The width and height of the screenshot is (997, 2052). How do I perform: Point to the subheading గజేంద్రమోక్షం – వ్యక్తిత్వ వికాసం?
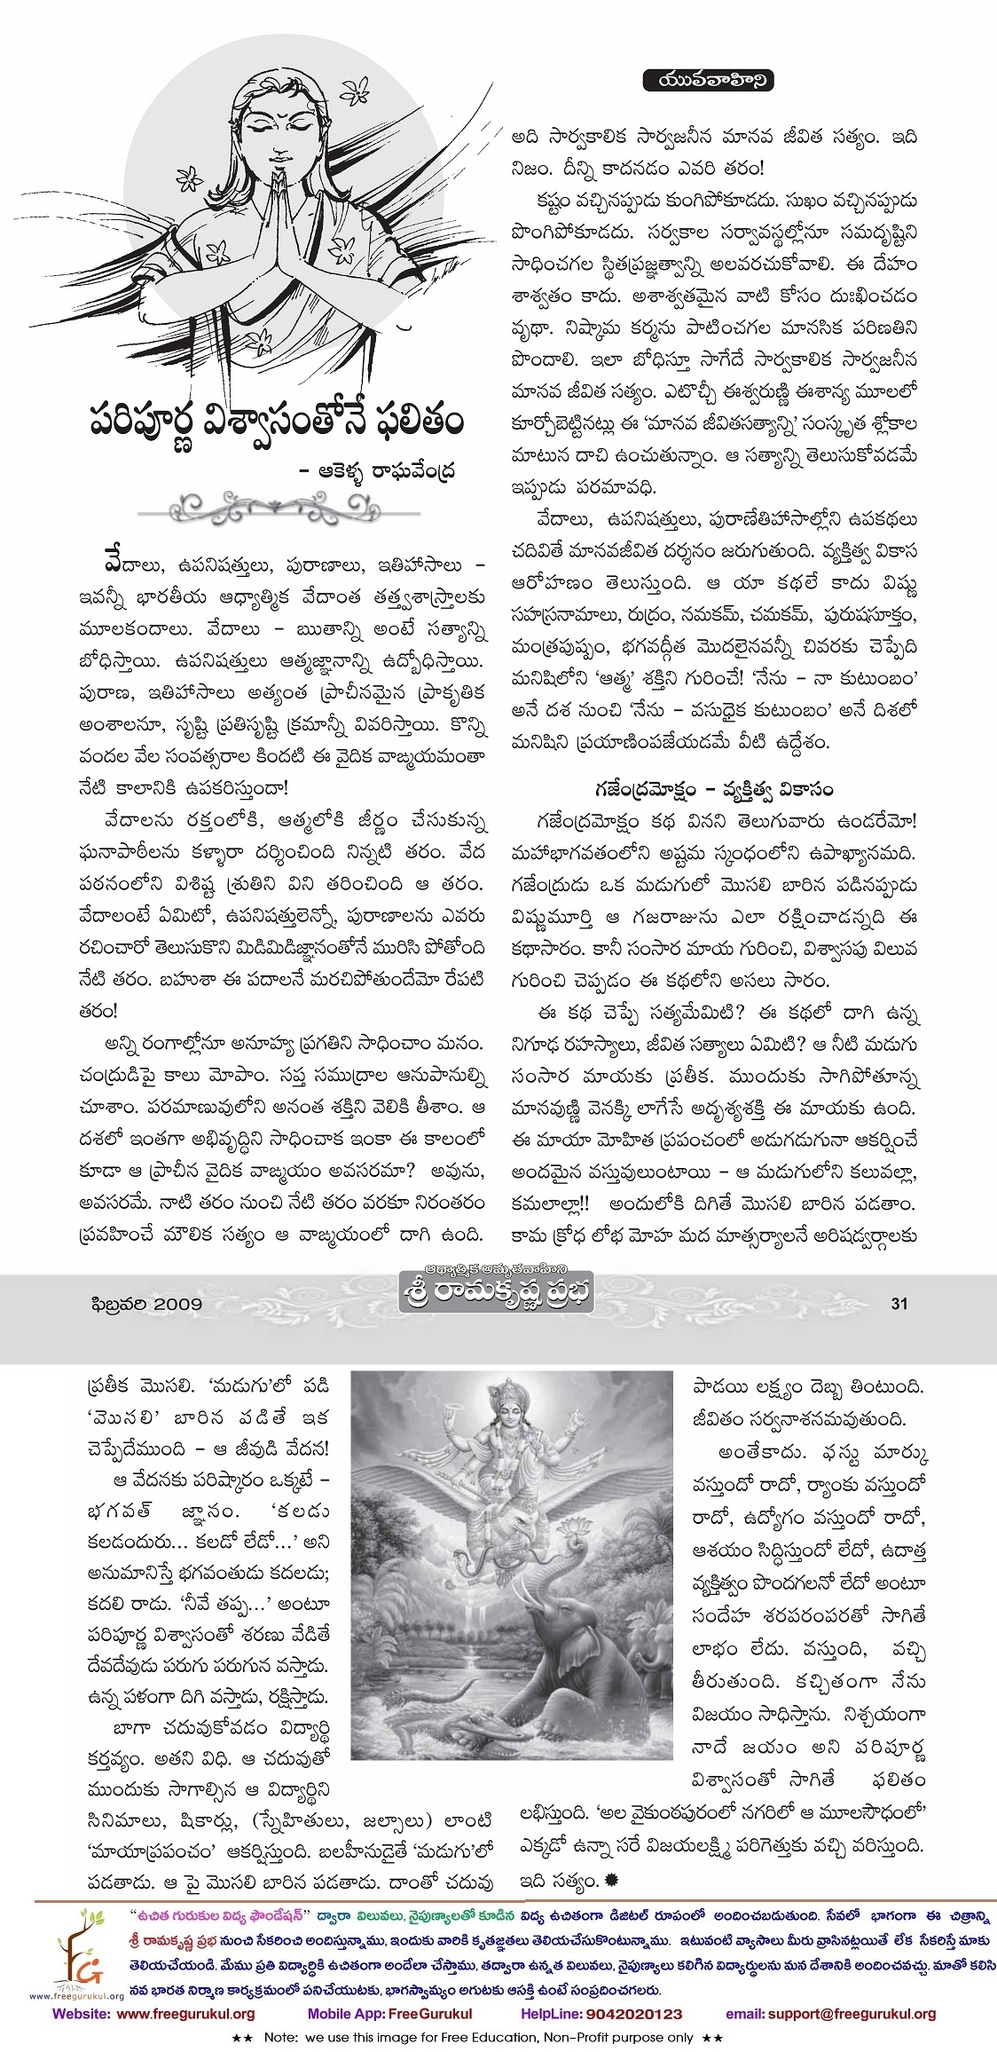[x=714, y=788]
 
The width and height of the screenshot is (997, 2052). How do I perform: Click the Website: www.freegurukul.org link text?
[x=153, y=2014]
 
